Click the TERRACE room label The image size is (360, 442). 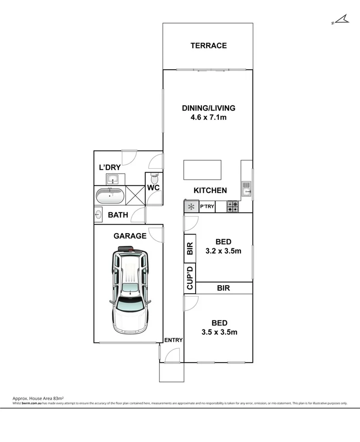tap(208, 46)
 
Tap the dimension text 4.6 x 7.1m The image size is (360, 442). tap(208, 117)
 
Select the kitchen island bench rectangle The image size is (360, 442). tap(202, 170)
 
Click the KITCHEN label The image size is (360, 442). tap(210, 191)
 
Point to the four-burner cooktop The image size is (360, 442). tap(233, 207)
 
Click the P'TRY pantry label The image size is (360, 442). tap(206, 207)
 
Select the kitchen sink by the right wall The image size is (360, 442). tap(246, 187)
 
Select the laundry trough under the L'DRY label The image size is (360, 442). tap(112, 179)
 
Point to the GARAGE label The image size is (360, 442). tap(130, 235)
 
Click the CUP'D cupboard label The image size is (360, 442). tap(190, 278)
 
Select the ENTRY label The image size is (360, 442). tap(173, 340)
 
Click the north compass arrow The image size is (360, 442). tap(340, 19)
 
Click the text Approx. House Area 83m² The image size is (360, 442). tap(37, 398)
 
